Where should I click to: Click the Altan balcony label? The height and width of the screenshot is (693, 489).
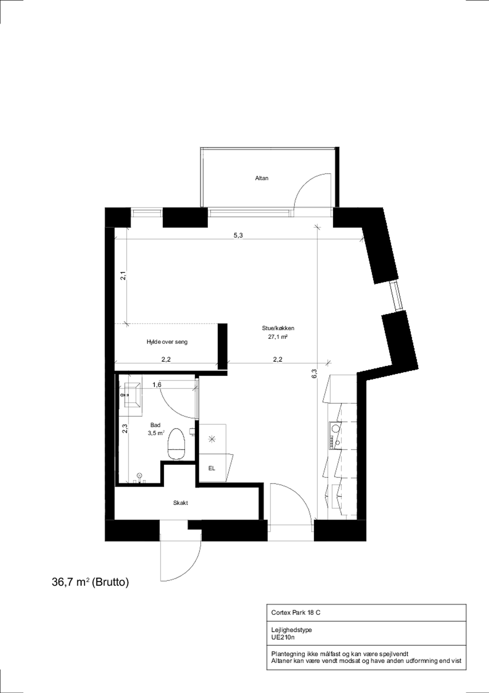[261, 178]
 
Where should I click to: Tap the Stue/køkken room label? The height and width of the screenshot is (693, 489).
[278, 328]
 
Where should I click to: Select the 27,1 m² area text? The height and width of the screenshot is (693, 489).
[278, 336]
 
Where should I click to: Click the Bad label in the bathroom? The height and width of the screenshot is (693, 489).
[155, 425]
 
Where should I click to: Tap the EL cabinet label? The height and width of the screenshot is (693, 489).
[212, 468]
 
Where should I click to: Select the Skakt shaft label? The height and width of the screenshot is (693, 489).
[180, 503]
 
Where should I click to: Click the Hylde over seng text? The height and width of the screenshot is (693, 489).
[167, 342]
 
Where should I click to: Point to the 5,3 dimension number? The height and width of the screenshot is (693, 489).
[238, 235]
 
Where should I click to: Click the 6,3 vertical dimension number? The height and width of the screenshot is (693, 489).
[314, 374]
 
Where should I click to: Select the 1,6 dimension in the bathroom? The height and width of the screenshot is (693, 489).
[157, 385]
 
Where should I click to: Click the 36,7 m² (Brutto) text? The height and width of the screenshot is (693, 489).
[90, 582]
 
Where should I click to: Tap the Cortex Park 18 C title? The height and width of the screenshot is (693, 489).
[296, 613]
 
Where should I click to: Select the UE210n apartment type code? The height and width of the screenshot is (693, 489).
[283, 637]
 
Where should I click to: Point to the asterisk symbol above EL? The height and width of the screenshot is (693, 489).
[211, 439]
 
